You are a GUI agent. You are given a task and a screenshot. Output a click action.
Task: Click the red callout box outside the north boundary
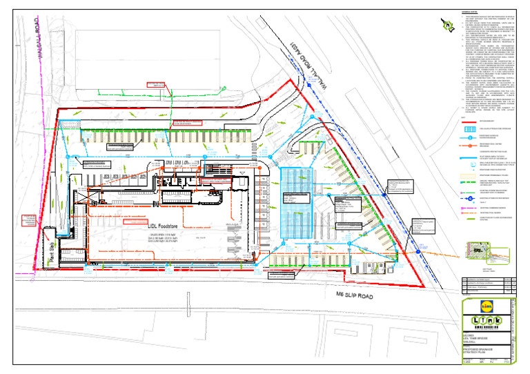(156, 84)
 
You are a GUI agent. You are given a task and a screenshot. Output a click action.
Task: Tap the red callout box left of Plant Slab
(29, 221)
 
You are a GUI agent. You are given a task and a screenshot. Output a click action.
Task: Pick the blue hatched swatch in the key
(474, 129)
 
